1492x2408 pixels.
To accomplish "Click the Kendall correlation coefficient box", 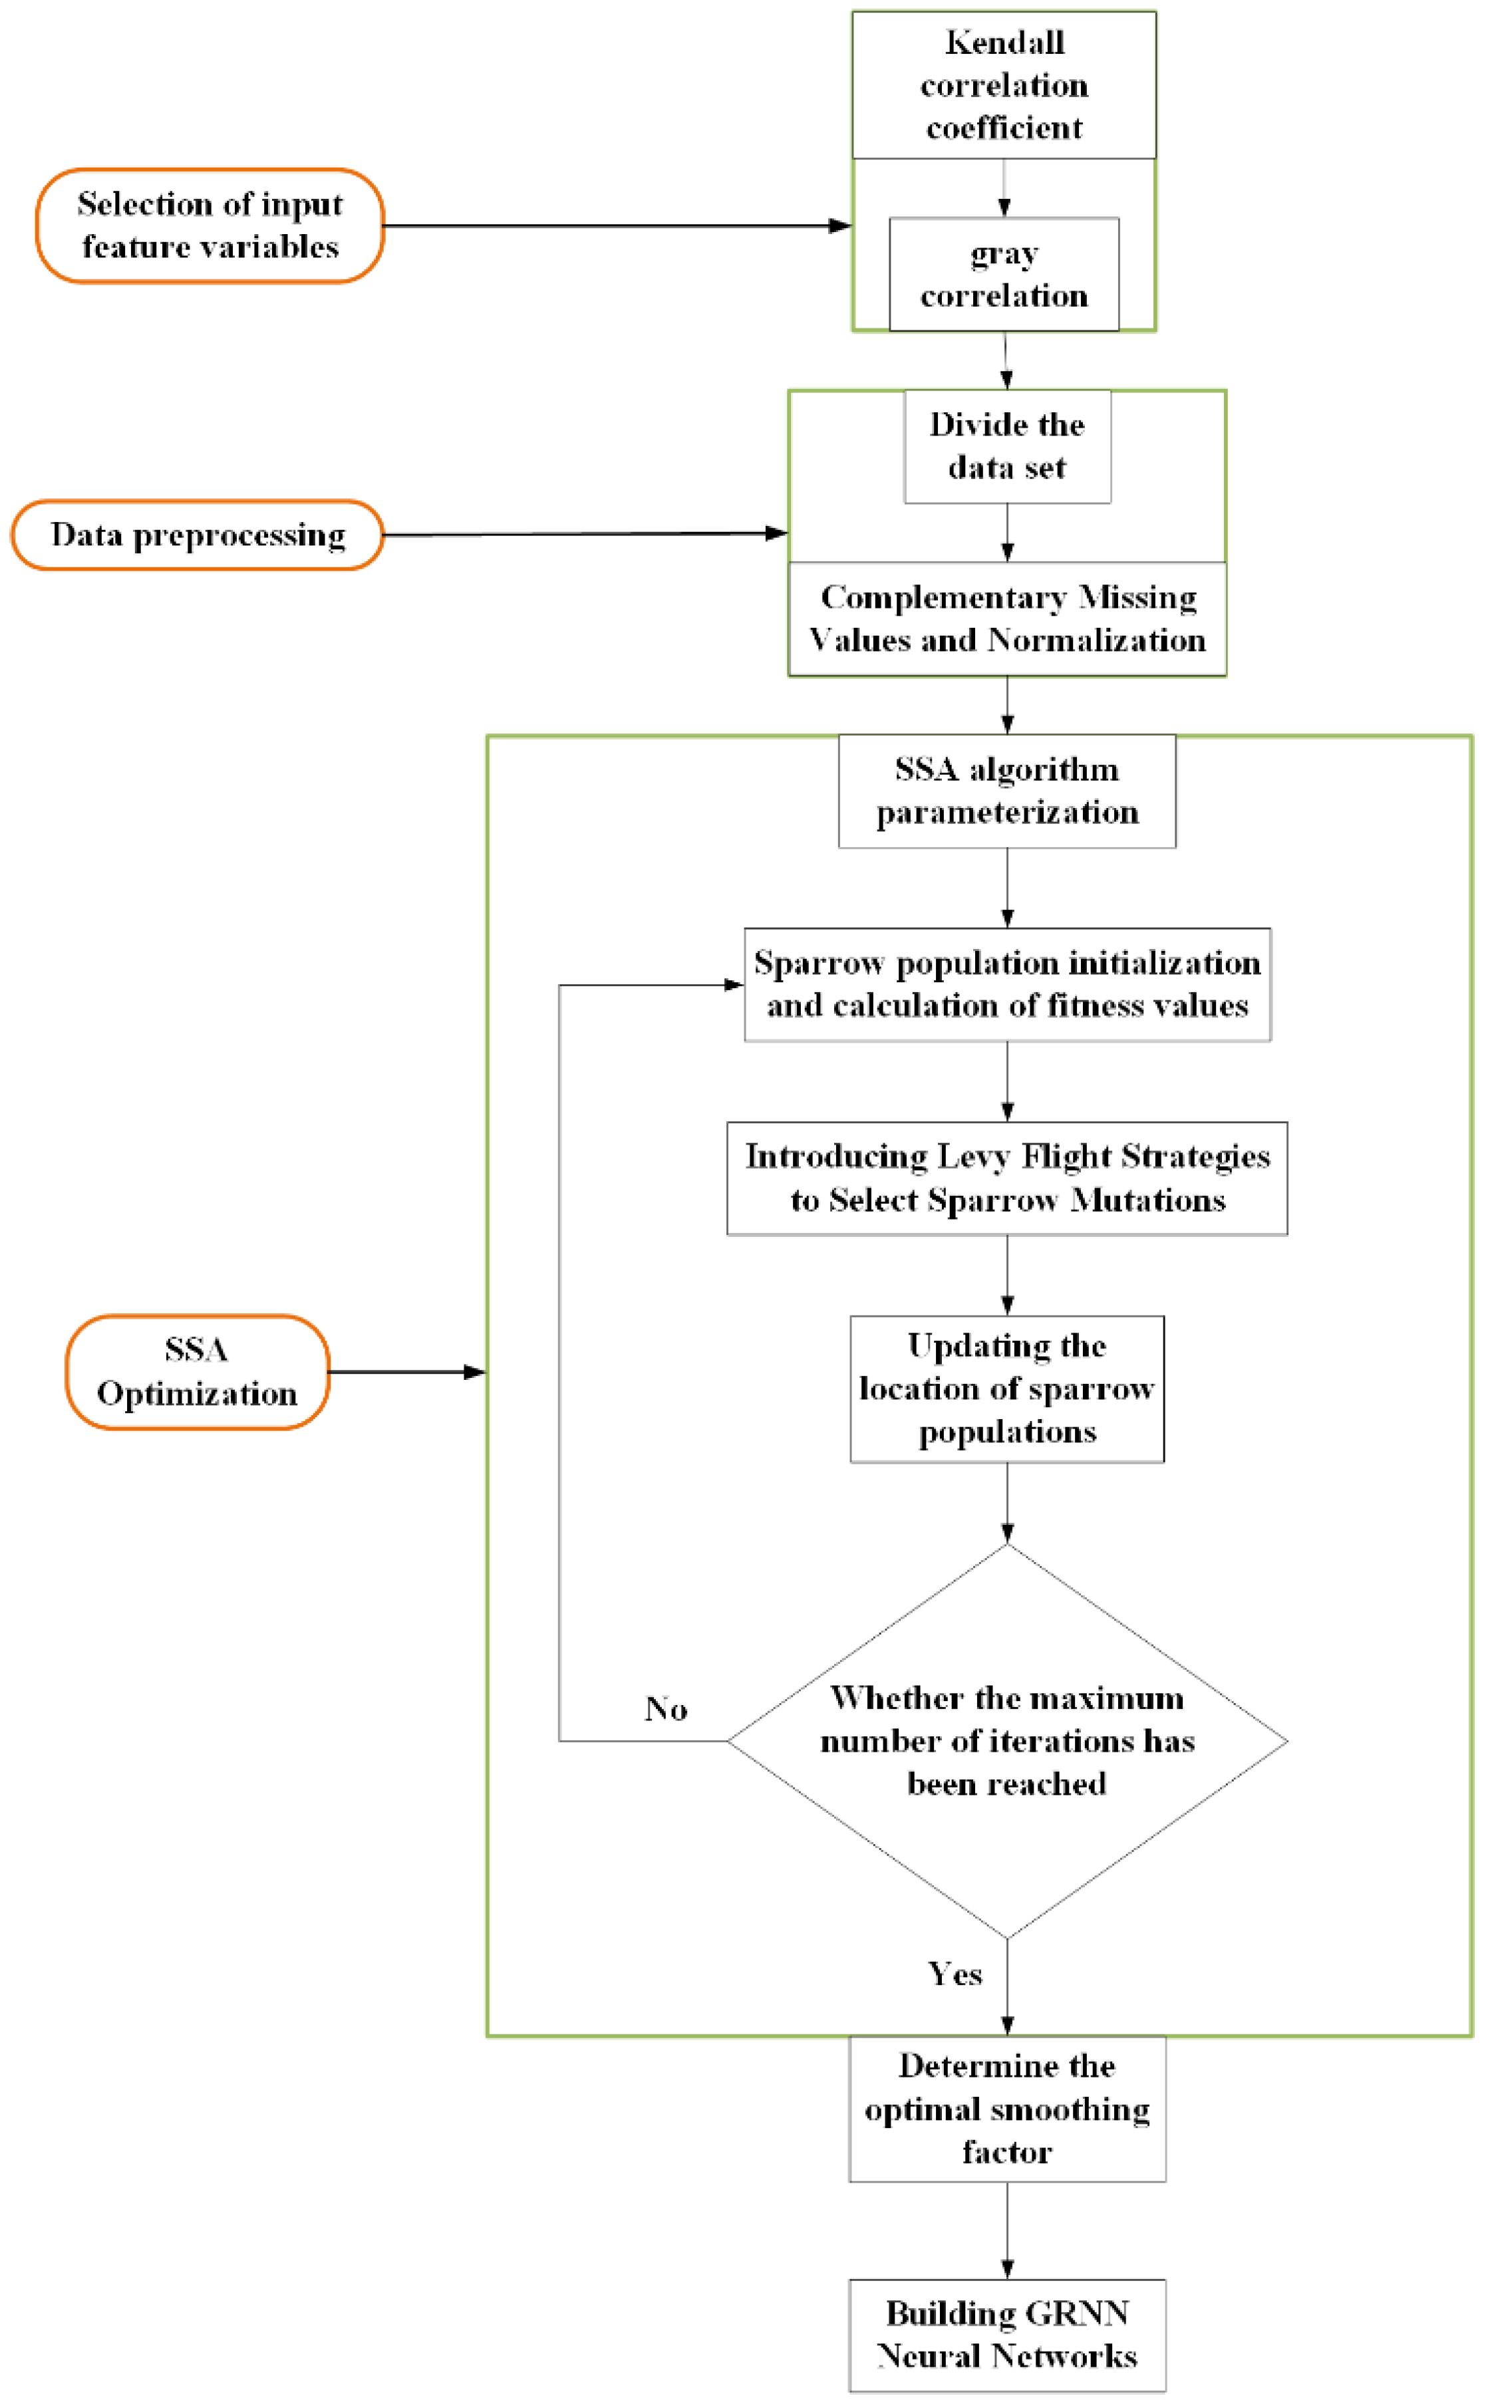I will (x=1004, y=85).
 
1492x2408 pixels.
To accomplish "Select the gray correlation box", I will (x=1004, y=274).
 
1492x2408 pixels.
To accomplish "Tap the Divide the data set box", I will (x=1006, y=446).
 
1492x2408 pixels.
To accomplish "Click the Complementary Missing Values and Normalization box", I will (x=1006, y=618).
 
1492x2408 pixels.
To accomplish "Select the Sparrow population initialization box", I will (x=1006, y=984).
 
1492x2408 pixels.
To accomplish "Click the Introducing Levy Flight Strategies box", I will (x=1006, y=1178).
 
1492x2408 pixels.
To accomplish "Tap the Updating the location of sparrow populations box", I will (x=1006, y=1388).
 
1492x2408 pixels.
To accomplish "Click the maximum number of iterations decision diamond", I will (x=1006, y=1741).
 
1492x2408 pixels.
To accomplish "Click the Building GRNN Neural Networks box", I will (x=1006, y=2334).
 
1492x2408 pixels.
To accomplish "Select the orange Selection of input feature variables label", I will (x=209, y=226).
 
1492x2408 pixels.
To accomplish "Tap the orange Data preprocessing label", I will (x=198, y=535).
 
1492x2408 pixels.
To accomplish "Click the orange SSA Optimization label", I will (x=198, y=1371).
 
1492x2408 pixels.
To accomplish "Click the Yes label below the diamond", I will (x=955, y=1974).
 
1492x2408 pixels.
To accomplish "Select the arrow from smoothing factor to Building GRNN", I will (x=1006, y=2230).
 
